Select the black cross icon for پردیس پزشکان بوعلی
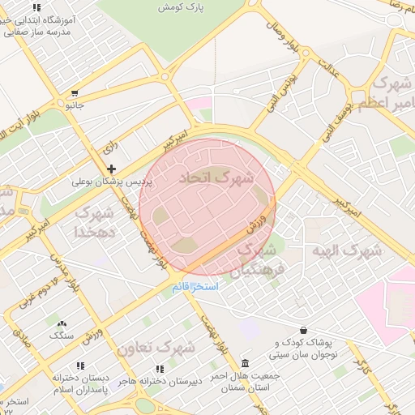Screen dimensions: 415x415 (111, 168)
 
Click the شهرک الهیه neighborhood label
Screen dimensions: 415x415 (347, 250)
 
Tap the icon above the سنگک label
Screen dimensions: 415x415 (62, 323)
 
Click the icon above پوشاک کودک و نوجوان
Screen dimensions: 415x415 (303, 330)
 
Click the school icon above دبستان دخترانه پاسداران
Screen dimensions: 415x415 (79, 366)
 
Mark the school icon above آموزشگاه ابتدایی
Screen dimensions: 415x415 (36, 6)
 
